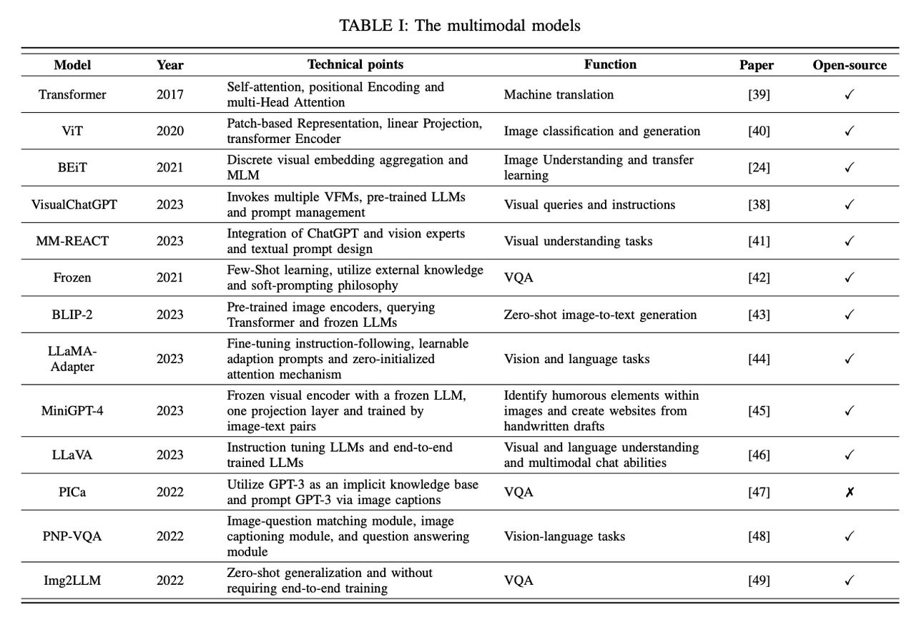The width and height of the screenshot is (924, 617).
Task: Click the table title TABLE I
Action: pos(460,26)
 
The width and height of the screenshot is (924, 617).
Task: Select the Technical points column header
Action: pos(355,64)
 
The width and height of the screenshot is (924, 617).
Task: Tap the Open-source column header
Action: pos(849,65)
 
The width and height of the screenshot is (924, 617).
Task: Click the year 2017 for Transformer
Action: pos(170,94)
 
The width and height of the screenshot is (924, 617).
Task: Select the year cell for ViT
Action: pos(170,131)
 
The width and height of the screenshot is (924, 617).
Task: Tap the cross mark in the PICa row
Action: pos(849,492)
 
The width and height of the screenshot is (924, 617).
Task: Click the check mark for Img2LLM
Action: pos(849,581)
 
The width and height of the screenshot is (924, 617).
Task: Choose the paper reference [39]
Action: pos(758,94)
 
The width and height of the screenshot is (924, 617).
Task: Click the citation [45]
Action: pos(758,410)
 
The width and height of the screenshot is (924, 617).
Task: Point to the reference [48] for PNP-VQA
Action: pos(758,536)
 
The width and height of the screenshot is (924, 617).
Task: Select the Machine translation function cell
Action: pos(559,94)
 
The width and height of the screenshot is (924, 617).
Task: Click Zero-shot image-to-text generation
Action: pos(600,315)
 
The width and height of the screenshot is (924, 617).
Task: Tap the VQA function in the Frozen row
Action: pos(518,278)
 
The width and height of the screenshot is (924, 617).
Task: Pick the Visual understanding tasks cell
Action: pos(578,241)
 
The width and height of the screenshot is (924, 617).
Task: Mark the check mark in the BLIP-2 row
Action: pos(849,315)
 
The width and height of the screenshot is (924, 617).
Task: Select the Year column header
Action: pos(170,65)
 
